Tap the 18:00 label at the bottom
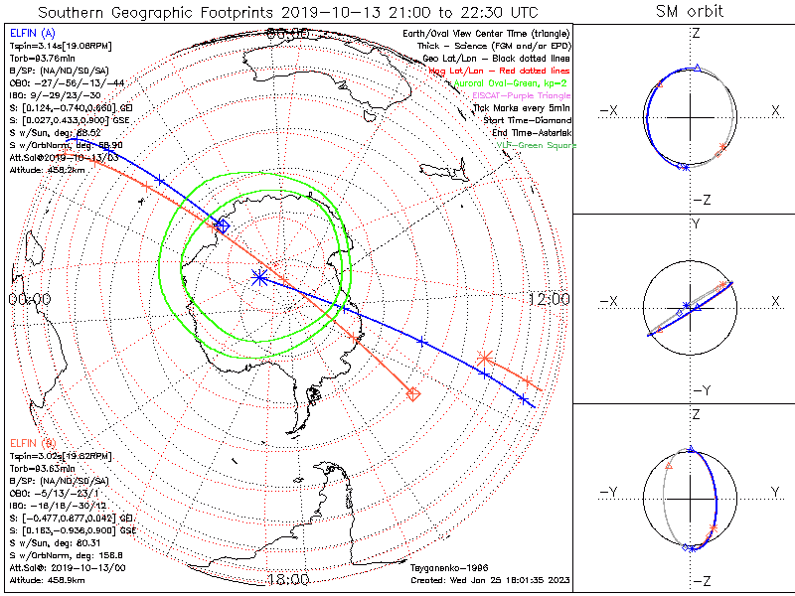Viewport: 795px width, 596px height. pyautogui.click(x=287, y=579)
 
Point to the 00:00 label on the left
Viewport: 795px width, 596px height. pyautogui.click(x=30, y=299)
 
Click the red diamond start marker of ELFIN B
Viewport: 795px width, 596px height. pyautogui.click(x=413, y=394)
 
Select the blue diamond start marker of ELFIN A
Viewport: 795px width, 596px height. pyautogui.click(x=223, y=225)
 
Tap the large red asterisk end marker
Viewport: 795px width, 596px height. pyautogui.click(x=485, y=358)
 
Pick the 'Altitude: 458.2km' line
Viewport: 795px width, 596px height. pyautogui.click(x=49, y=169)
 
